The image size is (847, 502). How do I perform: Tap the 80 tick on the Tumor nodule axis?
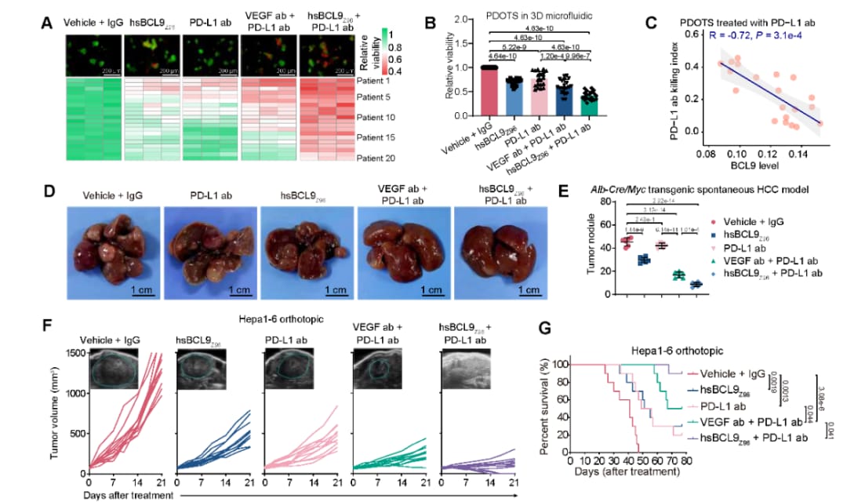pos(609,202)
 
